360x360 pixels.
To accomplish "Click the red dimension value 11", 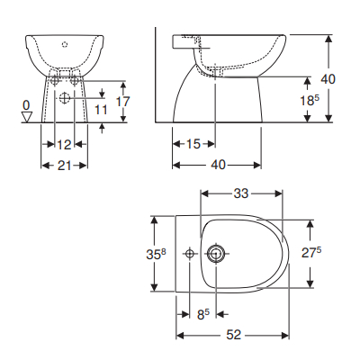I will click(101, 109).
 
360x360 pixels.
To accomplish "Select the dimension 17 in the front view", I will click(123, 102).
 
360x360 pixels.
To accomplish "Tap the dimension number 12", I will click(64, 144).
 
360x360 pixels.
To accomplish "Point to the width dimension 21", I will click(64, 165).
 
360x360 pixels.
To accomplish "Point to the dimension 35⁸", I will click(156, 255).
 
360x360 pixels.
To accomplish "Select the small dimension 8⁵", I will click(202, 314).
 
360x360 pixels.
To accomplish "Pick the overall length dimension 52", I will click(233, 334).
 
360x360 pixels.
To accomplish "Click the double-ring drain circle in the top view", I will click(216, 254).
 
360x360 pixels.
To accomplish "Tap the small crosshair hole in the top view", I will click(190, 254).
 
